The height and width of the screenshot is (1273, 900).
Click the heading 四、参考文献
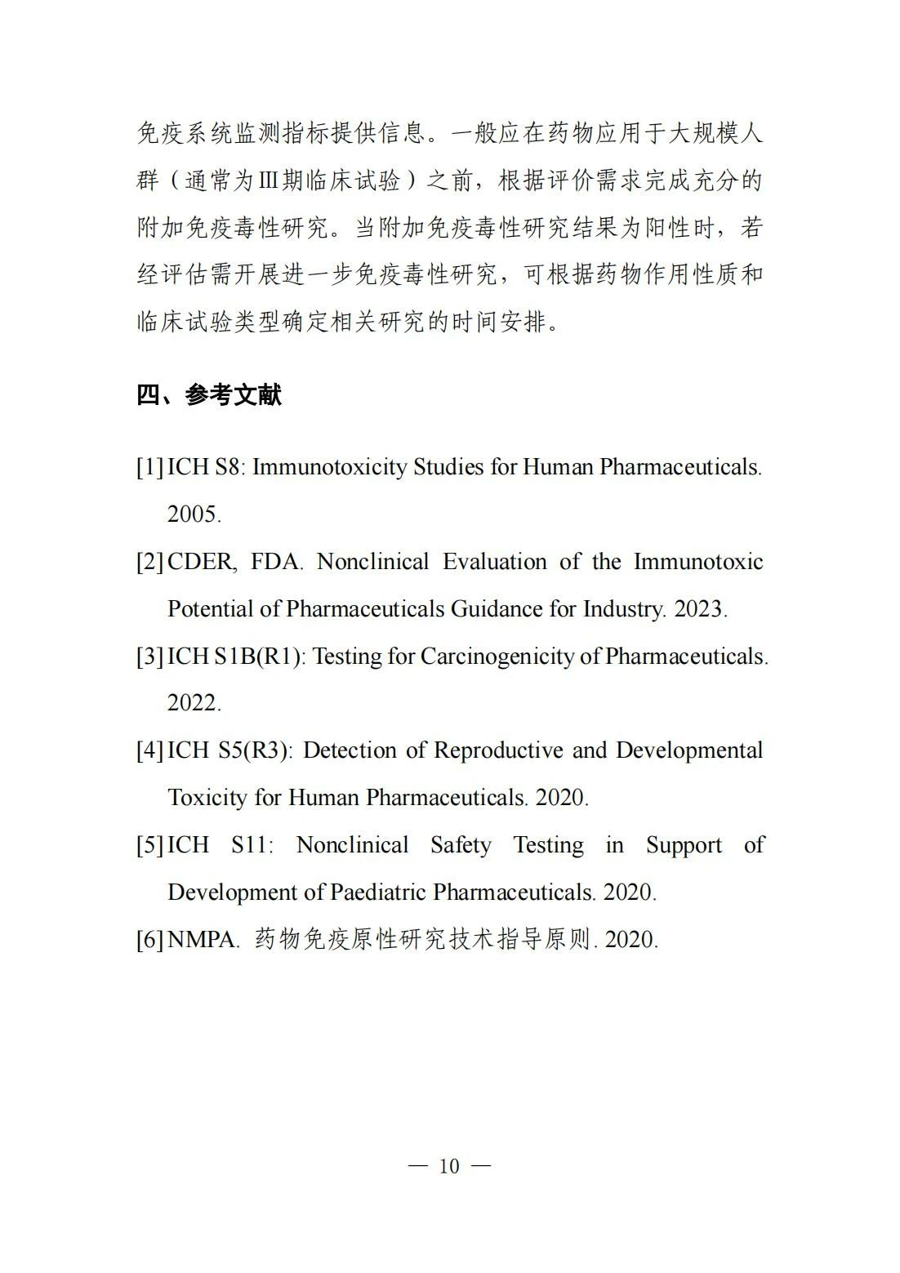[209, 396]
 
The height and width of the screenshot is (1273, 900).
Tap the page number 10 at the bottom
[449, 1166]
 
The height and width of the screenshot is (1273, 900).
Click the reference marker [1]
[149, 467]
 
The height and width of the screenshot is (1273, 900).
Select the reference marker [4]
[149, 750]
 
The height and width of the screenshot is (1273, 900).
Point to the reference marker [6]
[149, 939]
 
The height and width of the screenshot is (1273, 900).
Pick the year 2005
[194, 514]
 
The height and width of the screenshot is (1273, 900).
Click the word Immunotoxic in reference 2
[698, 562]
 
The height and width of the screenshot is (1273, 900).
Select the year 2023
[700, 609]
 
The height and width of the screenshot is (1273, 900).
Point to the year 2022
[194, 703]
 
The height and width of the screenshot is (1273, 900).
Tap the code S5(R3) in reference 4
[254, 750]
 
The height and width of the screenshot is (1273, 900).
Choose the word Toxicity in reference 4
[207, 798]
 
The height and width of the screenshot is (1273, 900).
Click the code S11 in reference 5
[250, 845]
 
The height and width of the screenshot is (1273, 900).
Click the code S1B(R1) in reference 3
[259, 657]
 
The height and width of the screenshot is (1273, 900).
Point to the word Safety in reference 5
[461, 845]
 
